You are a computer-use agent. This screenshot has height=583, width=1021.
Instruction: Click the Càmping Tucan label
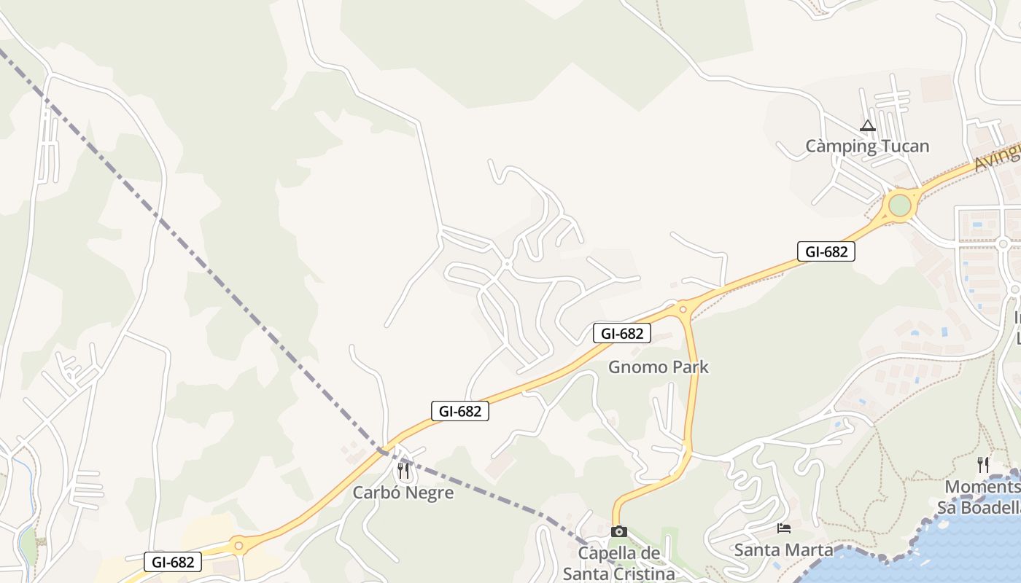click(867, 146)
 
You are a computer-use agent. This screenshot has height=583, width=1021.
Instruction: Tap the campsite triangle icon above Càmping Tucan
click(867, 126)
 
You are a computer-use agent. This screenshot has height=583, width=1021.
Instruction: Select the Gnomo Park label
click(659, 367)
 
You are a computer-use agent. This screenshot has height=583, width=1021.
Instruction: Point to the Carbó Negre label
click(403, 493)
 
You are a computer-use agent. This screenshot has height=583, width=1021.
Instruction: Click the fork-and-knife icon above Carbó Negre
click(403, 471)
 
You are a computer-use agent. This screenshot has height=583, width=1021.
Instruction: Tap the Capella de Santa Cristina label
click(618, 563)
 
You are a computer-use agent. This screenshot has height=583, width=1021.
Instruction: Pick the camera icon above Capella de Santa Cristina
click(618, 531)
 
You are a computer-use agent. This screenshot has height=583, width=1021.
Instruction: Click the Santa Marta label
click(783, 549)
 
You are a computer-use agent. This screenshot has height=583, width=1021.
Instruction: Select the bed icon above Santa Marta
click(784, 528)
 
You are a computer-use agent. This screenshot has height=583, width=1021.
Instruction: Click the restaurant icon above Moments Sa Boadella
click(983, 464)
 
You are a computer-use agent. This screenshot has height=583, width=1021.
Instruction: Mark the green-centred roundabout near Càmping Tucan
click(900, 205)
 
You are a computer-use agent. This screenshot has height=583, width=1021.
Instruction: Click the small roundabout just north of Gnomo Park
click(683, 309)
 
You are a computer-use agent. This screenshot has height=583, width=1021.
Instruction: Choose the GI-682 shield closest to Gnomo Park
click(621, 334)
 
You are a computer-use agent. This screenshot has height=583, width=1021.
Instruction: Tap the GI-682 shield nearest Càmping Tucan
click(826, 252)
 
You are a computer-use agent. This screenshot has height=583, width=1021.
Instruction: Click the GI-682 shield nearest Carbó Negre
click(459, 411)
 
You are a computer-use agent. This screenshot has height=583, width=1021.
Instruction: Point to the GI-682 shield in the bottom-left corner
click(173, 563)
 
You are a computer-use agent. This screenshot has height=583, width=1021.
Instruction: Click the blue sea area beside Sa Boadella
click(948, 554)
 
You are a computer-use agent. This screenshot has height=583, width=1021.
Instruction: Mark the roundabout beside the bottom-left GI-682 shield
click(238, 545)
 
